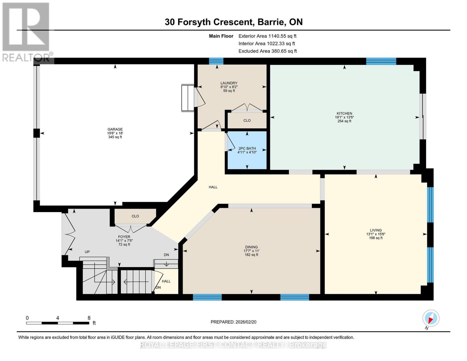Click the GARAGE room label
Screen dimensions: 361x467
[x=115, y=130]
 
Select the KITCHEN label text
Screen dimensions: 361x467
[x=344, y=114]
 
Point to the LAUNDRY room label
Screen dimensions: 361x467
[x=229, y=83]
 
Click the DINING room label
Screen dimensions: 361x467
[x=251, y=247]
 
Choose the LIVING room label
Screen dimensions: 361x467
[x=376, y=230]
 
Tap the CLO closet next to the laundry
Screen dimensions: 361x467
[x=247, y=121]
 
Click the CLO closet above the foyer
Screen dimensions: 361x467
[x=135, y=216]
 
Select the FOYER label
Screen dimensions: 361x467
[x=124, y=237]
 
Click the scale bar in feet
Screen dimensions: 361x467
[x=58, y=323]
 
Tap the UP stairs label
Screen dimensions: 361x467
[x=87, y=252]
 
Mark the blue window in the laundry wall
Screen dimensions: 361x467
[x=216, y=61]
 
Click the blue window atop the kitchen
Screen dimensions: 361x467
[x=381, y=61]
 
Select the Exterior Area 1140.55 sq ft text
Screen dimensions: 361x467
[x=267, y=36]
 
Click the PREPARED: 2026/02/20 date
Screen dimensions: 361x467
[x=233, y=322]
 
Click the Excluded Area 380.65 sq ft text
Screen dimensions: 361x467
[x=268, y=51]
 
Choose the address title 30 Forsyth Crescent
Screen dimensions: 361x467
[x=234, y=22]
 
